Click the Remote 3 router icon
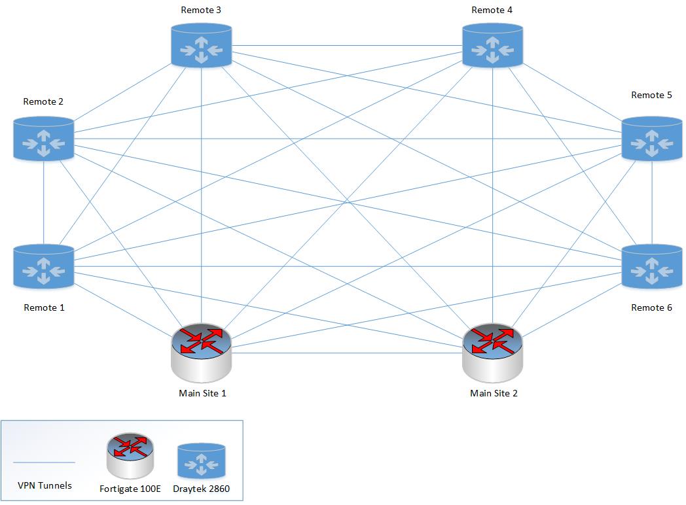tap(201, 46)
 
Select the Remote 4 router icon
tap(492, 46)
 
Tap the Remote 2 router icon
tap(44, 138)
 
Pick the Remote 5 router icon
tap(651, 138)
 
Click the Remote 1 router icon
tap(44, 266)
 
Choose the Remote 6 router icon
tap(651, 266)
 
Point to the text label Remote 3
tap(201, 10)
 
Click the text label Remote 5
tap(651, 95)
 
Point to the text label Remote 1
tap(44, 307)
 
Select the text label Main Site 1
tap(202, 393)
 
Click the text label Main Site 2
tap(494, 393)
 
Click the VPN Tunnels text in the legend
tap(44, 485)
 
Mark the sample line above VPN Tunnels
tap(44, 462)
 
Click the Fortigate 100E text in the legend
tap(130, 488)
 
